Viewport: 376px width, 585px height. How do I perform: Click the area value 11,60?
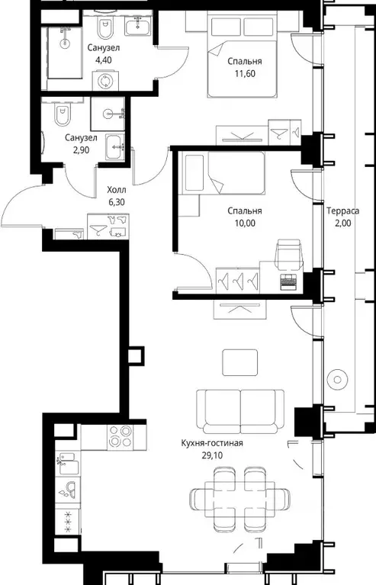click(x=245, y=73)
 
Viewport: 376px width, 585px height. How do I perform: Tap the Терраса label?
click(x=342, y=211)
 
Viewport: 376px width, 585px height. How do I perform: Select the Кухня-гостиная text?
click(x=212, y=443)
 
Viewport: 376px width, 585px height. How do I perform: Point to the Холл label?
click(x=117, y=190)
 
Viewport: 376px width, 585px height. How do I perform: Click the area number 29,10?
click(x=212, y=455)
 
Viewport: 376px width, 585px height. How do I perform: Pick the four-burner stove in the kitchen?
click(x=120, y=437)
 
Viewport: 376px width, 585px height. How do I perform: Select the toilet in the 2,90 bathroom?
click(x=62, y=114)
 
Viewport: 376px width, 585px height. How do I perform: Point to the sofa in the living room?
click(x=240, y=412)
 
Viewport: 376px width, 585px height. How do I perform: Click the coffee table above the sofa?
click(x=239, y=362)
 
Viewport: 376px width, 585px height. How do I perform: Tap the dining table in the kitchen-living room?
click(x=239, y=497)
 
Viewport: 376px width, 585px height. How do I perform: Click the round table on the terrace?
click(x=337, y=380)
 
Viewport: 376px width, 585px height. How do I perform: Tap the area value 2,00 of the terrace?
click(x=342, y=223)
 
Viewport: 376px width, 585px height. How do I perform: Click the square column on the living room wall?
click(x=136, y=355)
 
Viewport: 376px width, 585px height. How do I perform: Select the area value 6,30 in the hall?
click(x=117, y=202)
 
